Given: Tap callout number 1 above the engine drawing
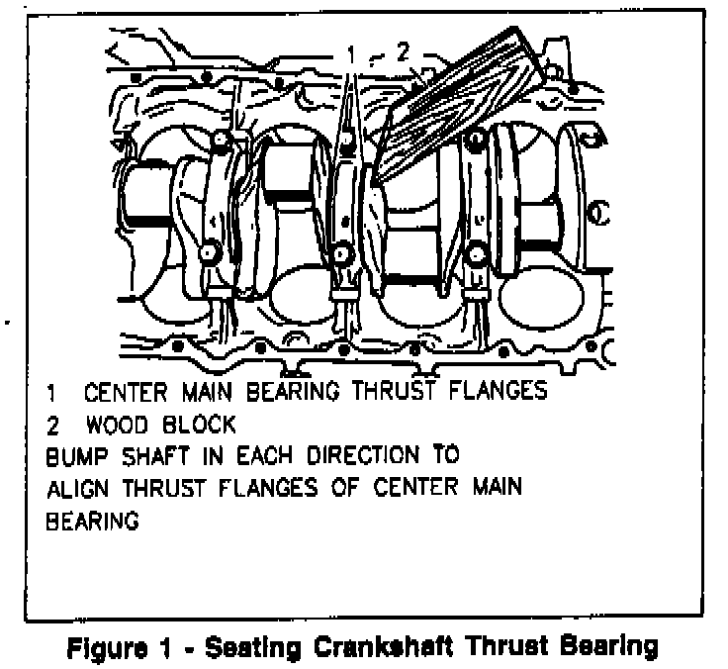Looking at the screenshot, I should (351, 55).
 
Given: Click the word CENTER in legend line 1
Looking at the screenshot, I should (122, 391).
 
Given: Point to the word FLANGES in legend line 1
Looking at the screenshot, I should (496, 391).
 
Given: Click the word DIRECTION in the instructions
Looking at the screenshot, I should (378, 457).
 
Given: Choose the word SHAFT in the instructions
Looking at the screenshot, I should (159, 457).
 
